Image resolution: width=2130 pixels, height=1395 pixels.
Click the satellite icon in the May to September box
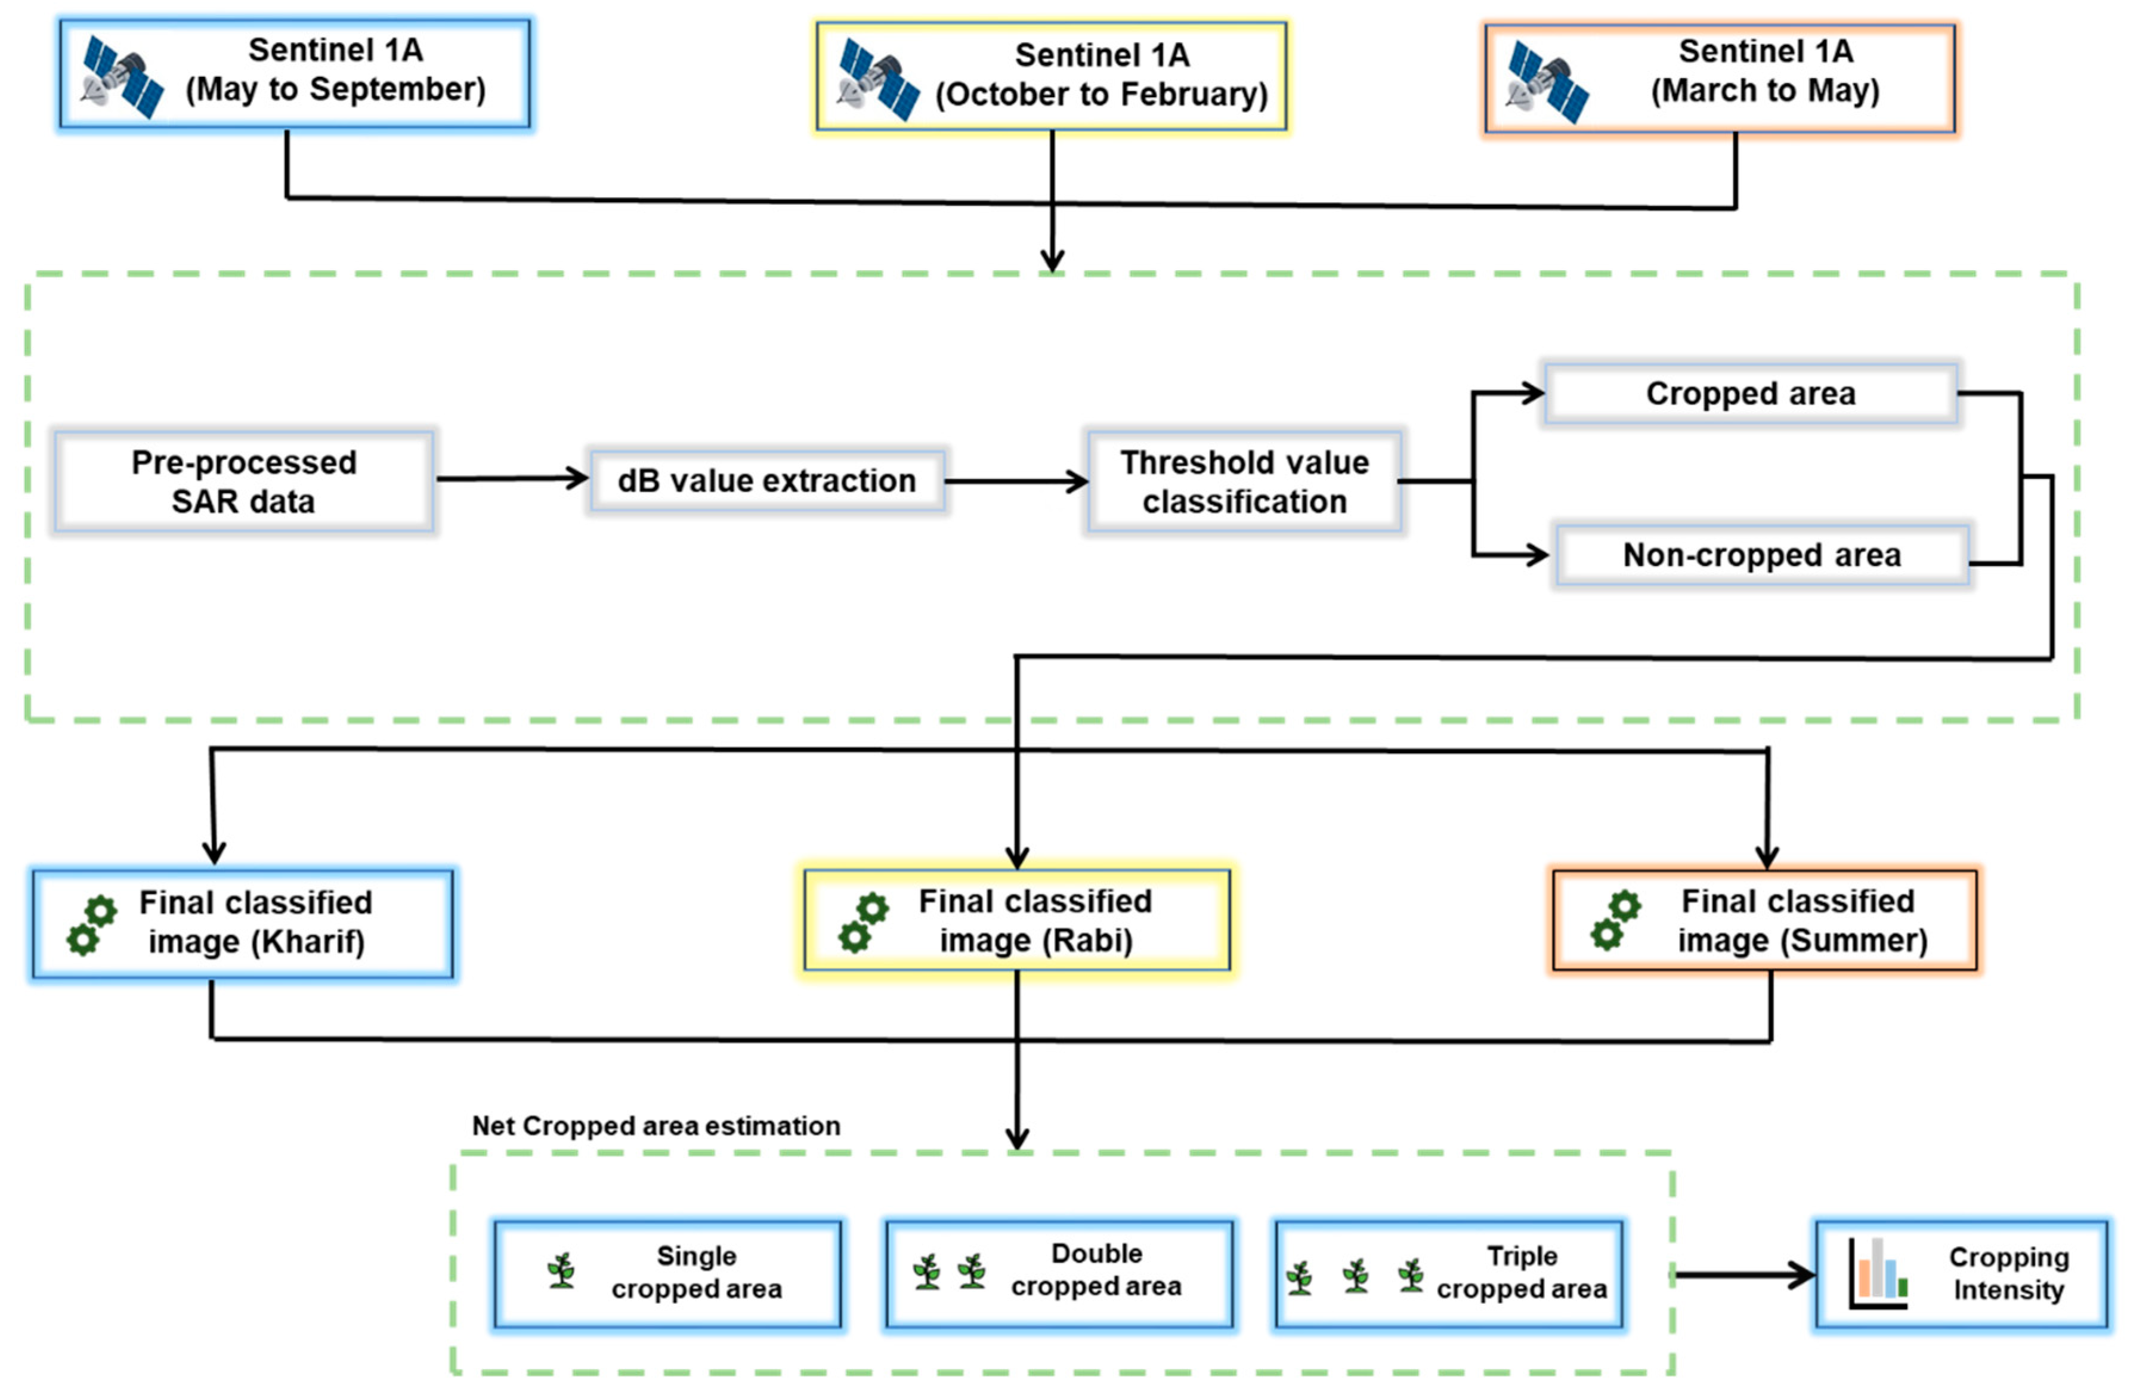(x=123, y=77)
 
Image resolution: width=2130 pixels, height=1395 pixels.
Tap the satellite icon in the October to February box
(x=879, y=81)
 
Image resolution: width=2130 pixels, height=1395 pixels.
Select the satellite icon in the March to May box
(x=1547, y=82)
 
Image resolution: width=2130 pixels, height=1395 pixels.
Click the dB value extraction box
(x=767, y=481)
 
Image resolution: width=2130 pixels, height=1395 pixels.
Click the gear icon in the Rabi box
(x=862, y=923)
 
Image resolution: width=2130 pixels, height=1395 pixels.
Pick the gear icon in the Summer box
(x=1615, y=920)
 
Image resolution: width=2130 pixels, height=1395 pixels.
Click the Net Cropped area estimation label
(x=656, y=1125)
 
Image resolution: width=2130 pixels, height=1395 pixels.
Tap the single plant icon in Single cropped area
(x=561, y=1270)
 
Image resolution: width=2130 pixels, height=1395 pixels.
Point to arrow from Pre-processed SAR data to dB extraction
(x=511, y=479)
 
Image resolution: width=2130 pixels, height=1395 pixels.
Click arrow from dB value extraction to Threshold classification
(x=1016, y=481)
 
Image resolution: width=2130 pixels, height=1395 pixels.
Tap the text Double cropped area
(x=1096, y=1270)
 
